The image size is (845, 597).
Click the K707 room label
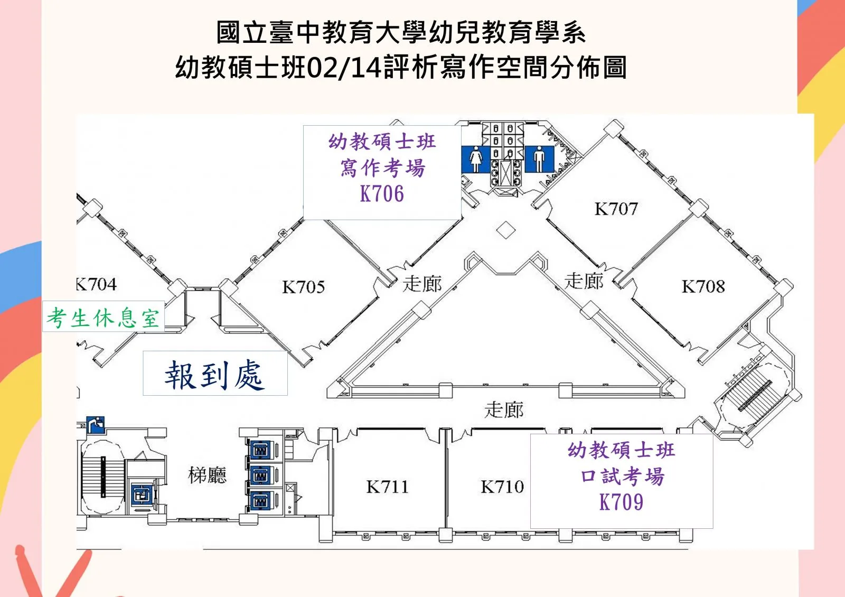[x=616, y=209]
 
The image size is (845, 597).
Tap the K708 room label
[x=703, y=286]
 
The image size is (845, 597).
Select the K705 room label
[x=303, y=287]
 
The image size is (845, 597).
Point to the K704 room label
[x=96, y=284]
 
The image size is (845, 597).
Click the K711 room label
[x=387, y=487]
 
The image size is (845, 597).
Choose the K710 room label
[x=502, y=487]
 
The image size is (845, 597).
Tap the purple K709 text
[x=621, y=502]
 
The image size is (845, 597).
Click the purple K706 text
[x=382, y=194]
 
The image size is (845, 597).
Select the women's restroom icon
[x=476, y=158]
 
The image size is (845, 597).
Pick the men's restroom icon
[x=539, y=158]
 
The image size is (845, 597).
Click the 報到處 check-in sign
[x=214, y=375]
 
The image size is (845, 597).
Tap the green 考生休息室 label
[x=103, y=318]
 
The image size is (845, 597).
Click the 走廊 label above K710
[x=504, y=409]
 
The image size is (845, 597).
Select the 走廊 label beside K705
[x=422, y=284]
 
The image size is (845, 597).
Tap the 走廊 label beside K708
[x=584, y=281]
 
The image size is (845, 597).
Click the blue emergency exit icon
[x=96, y=424]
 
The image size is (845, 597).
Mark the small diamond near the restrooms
[x=506, y=230]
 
